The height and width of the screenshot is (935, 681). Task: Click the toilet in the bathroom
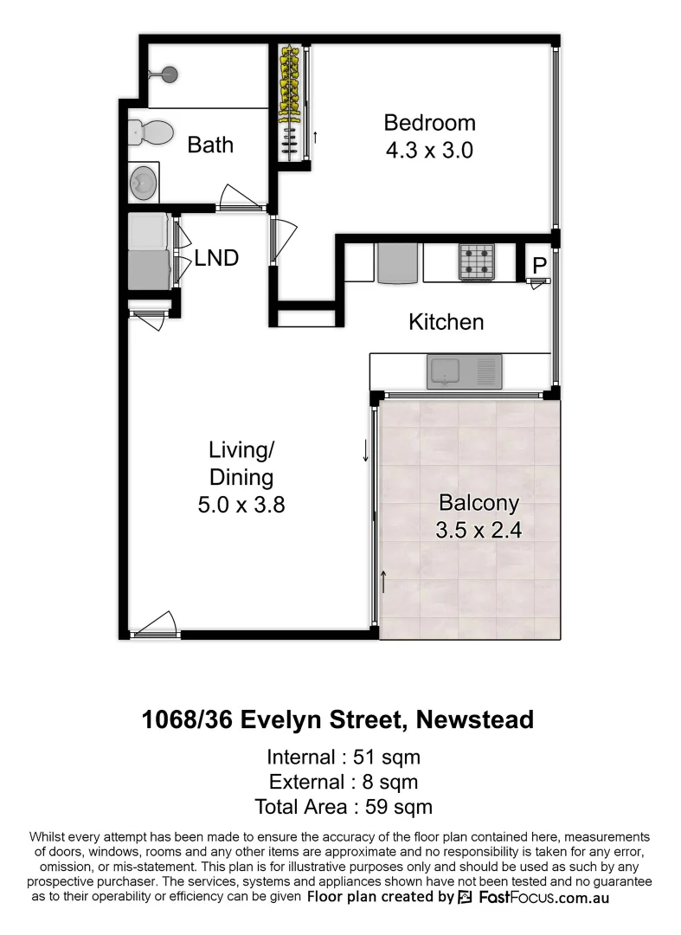pos(148,132)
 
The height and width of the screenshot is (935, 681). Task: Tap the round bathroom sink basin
pos(144,183)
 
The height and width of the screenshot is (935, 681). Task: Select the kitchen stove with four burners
pos(476,261)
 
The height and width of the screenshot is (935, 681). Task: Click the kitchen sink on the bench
pos(463,372)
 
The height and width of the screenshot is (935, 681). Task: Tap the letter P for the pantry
pos(538,266)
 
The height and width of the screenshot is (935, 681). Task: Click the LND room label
pos(216,257)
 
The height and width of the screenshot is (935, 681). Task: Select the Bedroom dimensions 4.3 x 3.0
pos(429,150)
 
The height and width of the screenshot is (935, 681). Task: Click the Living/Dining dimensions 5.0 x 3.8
pos(241,505)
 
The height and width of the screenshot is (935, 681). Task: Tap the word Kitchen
pos(446,322)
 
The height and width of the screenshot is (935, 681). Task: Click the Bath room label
pos(210,145)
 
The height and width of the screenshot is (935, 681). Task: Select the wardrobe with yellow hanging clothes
pos(292,91)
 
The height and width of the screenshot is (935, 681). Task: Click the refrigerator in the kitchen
pos(398,263)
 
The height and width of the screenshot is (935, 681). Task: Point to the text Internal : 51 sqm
pos(344,757)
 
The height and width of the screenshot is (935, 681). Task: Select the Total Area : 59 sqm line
pos(344,807)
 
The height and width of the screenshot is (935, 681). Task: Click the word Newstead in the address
pos(474,719)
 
